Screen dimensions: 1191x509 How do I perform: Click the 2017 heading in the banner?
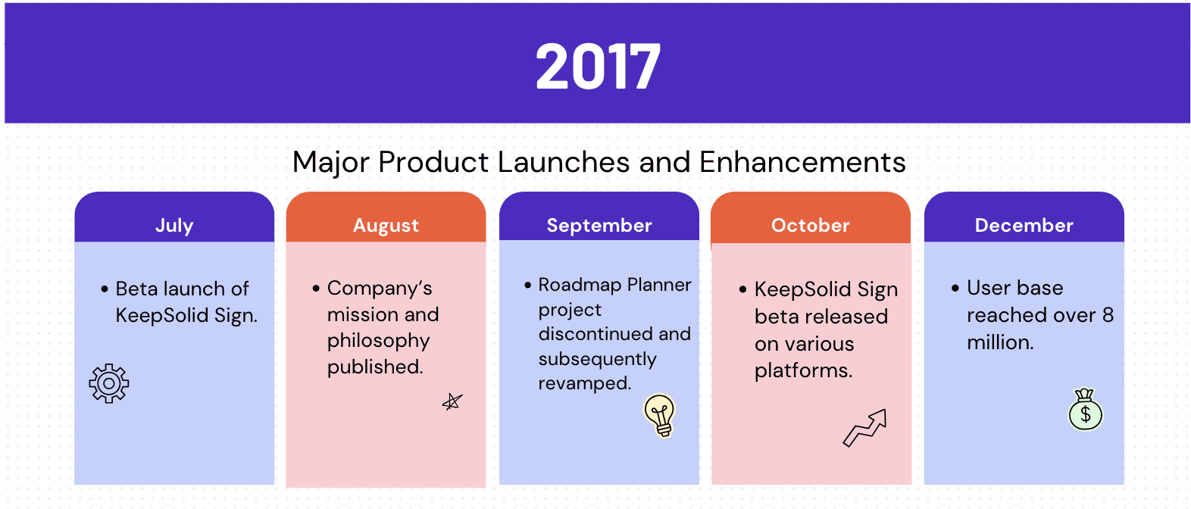(599, 67)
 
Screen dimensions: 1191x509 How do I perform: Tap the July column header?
(174, 225)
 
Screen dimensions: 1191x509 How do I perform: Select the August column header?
(386, 225)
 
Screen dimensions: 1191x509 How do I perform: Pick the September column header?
(599, 225)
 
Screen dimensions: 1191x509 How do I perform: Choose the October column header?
(811, 225)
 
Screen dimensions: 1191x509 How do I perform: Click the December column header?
(1024, 225)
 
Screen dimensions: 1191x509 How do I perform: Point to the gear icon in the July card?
(109, 383)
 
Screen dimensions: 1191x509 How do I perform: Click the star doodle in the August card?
(452, 401)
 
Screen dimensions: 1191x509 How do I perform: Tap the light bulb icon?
(660, 416)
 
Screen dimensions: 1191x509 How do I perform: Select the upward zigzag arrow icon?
(865, 428)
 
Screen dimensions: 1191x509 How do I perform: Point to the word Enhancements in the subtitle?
(802, 162)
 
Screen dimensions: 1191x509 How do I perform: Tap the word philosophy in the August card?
(378, 342)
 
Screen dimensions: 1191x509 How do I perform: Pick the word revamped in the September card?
(584, 383)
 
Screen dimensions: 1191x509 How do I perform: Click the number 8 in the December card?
(1108, 316)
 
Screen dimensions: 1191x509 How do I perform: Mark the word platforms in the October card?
(803, 371)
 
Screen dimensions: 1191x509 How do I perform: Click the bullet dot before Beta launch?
(105, 289)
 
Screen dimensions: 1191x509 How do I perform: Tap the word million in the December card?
(1000, 342)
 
